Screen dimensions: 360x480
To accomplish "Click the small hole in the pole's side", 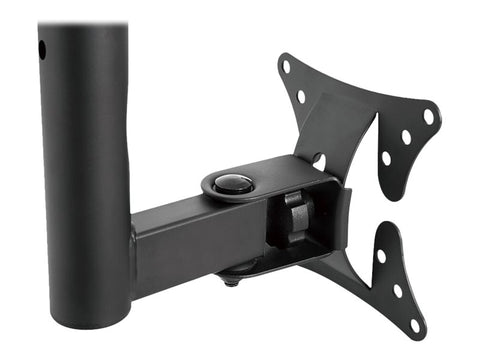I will pyautogui.click(x=43, y=48).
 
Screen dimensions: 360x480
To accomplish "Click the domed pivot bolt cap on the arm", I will pyautogui.click(x=234, y=183).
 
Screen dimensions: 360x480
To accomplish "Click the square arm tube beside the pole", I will pyautogui.click(x=175, y=240).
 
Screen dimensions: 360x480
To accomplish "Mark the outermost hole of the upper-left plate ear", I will pyautogui.click(x=287, y=67).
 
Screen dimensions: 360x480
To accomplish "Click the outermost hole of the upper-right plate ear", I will pyautogui.click(x=428, y=116).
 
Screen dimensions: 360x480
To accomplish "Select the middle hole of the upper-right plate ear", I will pyautogui.click(x=406, y=136).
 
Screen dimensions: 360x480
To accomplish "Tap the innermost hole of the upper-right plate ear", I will pyautogui.click(x=386, y=157).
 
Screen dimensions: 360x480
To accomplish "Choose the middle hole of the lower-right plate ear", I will pyautogui.click(x=396, y=290).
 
